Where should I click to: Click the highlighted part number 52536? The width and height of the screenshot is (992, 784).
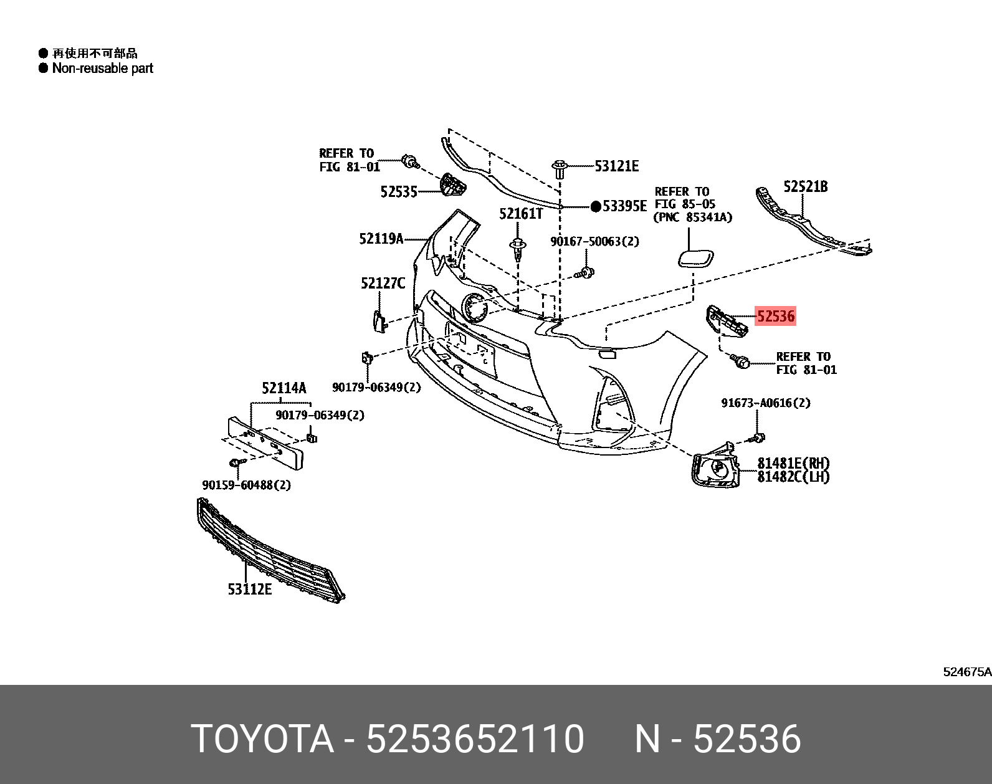pyautogui.click(x=775, y=316)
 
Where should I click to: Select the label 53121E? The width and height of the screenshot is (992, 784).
pyautogui.click(x=616, y=166)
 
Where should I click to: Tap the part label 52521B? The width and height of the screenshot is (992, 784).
pyautogui.click(x=805, y=186)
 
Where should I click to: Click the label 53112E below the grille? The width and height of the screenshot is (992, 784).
pyautogui.click(x=249, y=589)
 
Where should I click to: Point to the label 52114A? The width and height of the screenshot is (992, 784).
pyautogui.click(x=284, y=388)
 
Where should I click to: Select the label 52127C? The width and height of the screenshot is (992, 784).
pyautogui.click(x=383, y=284)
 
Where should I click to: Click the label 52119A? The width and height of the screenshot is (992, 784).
pyautogui.click(x=381, y=239)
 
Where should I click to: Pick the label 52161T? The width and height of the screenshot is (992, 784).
pyautogui.click(x=521, y=214)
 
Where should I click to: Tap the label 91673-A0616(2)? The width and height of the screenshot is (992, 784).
pyautogui.click(x=766, y=403)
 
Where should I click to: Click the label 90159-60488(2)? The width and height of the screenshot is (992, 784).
pyautogui.click(x=246, y=485)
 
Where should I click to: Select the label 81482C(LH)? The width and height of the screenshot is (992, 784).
pyautogui.click(x=793, y=477)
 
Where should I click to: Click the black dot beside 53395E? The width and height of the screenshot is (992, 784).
pyautogui.click(x=596, y=206)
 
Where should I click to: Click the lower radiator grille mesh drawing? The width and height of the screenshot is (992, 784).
pyautogui.click(x=268, y=552)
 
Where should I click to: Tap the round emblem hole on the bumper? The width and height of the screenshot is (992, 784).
pyautogui.click(x=474, y=307)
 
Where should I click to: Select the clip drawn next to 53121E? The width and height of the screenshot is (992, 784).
pyautogui.click(x=560, y=168)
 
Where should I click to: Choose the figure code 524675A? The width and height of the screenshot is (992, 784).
pyautogui.click(x=966, y=672)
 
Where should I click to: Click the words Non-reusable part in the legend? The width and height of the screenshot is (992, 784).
pyautogui.click(x=102, y=69)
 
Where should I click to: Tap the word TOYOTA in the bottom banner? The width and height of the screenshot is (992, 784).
pyautogui.click(x=262, y=739)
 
